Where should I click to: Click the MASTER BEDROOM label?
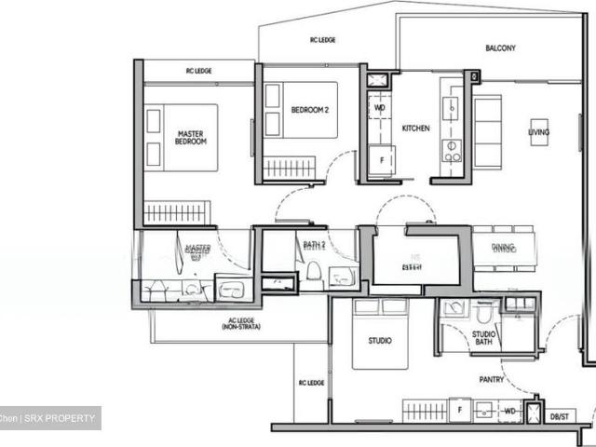click(191, 137)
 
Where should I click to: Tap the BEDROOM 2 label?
click(309, 110)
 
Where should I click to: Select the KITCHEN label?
click(415, 128)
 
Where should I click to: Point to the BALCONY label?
click(500, 47)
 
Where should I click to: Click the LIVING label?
click(538, 132)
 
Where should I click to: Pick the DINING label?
click(503, 247)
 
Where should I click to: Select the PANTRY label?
click(492, 379)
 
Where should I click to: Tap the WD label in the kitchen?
click(380, 107)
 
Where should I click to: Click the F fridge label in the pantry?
click(459, 408)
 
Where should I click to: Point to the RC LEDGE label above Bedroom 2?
click(322, 40)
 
